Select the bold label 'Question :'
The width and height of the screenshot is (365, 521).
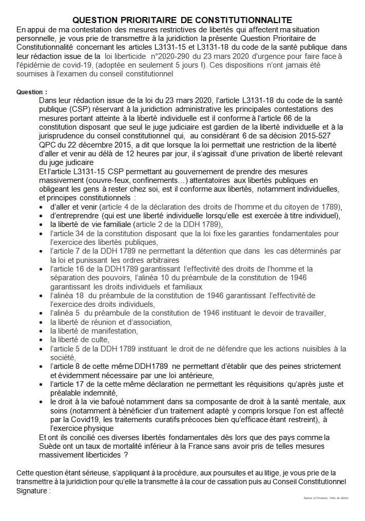pyautogui.click(x=31, y=92)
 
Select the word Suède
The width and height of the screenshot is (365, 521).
pyautogui.click(x=50, y=446)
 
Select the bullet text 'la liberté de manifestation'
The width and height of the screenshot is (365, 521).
pyautogui.click(x=94, y=330)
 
